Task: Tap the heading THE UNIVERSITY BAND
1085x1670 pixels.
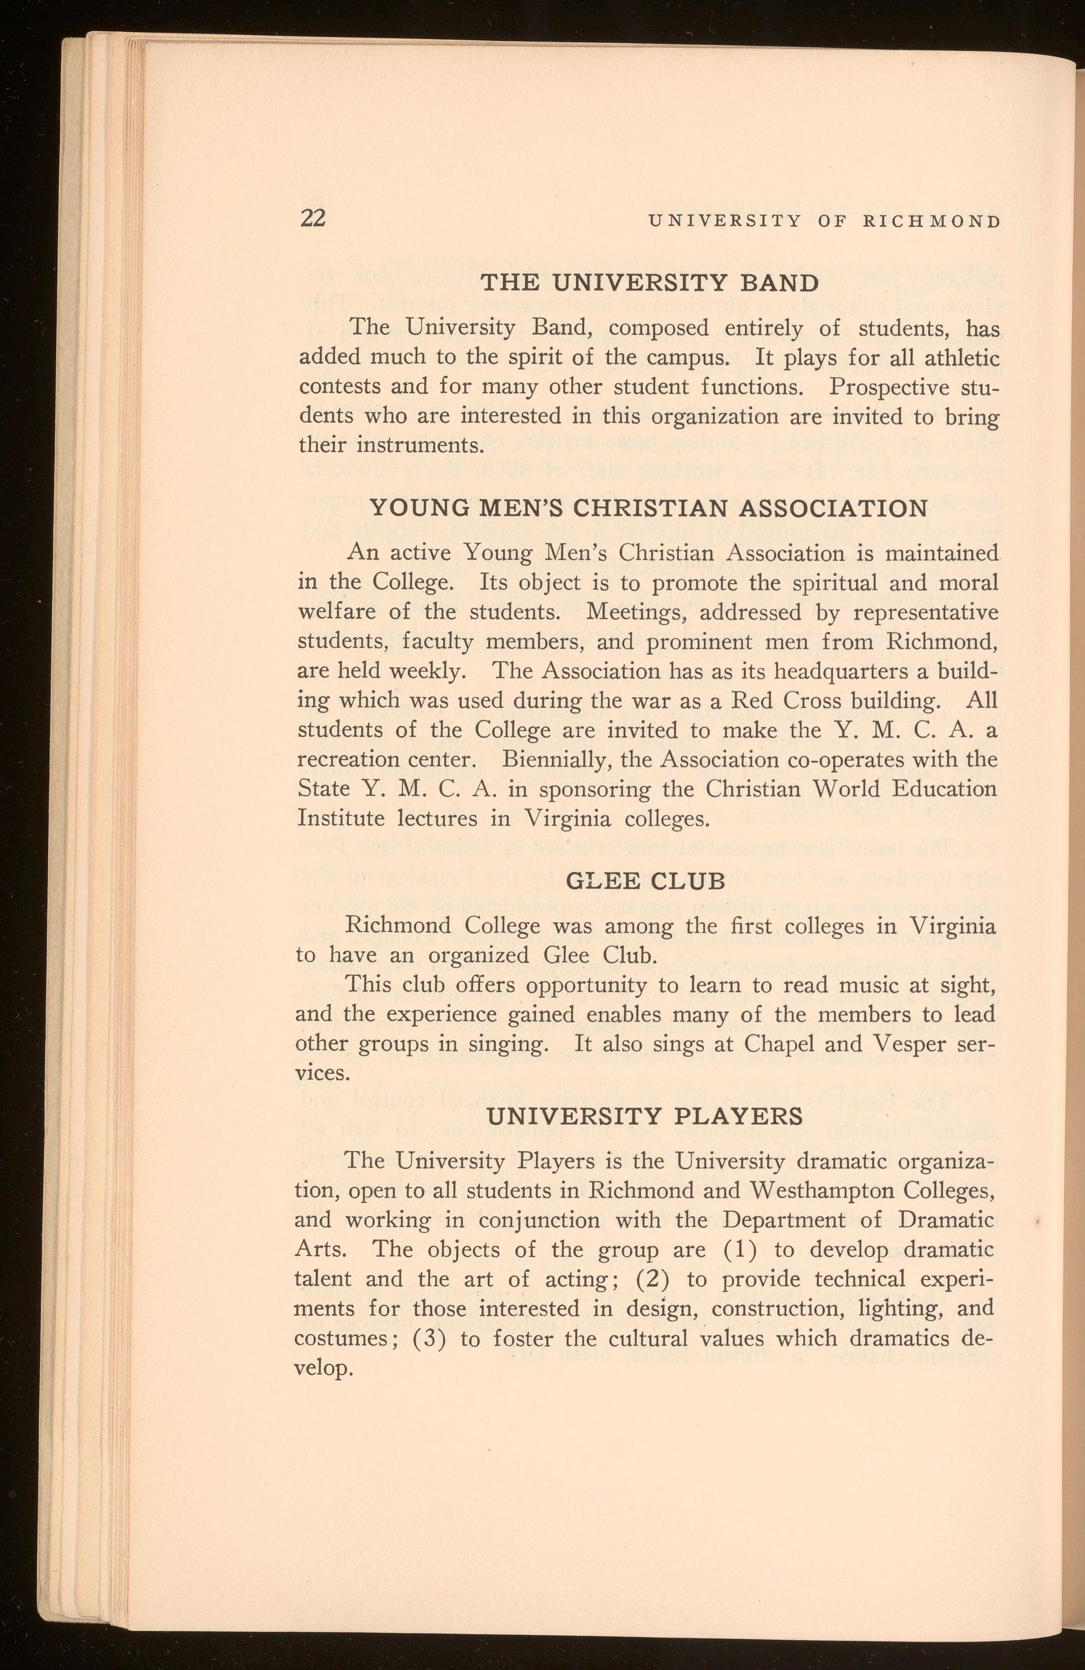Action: (649, 283)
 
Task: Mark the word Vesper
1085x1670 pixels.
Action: (910, 1043)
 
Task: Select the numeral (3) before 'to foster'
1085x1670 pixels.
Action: (427, 1338)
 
